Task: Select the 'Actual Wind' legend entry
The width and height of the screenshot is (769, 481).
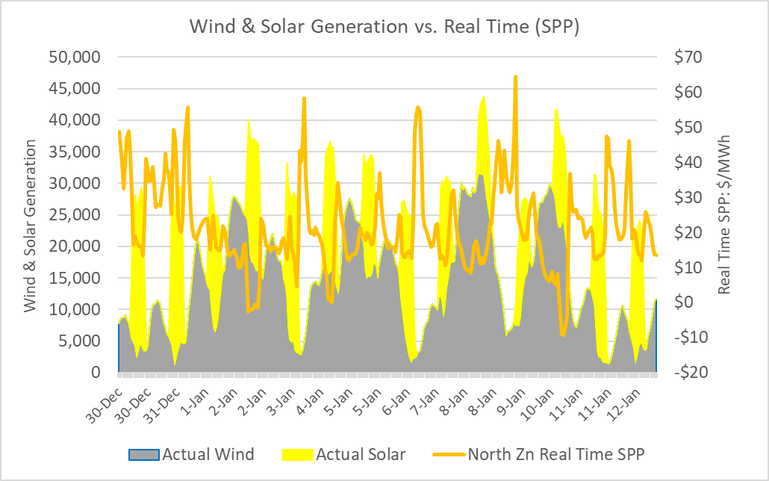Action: coord(208,454)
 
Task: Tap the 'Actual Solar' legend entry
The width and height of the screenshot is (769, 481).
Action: coord(360,454)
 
